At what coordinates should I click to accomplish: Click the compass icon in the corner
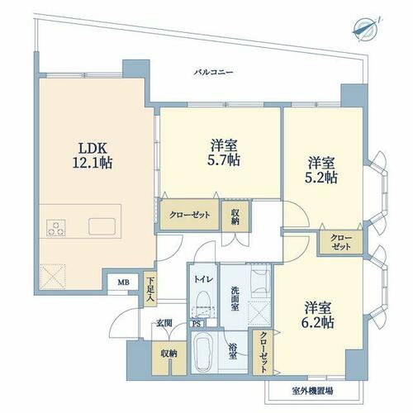tap(367, 30)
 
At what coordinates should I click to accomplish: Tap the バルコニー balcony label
tap(213, 73)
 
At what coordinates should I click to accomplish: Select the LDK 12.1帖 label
tap(93, 155)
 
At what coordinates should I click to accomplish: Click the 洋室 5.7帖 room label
tap(224, 153)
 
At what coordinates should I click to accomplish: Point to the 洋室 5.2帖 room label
tap(321, 170)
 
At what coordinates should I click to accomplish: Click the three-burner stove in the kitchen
tap(56, 228)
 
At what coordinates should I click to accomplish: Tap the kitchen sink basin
tap(102, 226)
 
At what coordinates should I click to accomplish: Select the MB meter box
tap(123, 282)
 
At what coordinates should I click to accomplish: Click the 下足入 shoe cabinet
tap(150, 289)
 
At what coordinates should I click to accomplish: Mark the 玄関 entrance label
tap(164, 323)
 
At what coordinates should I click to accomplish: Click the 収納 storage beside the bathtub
tap(169, 358)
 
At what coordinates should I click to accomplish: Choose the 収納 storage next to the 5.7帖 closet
tap(235, 216)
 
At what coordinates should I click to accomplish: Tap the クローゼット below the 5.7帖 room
tap(189, 215)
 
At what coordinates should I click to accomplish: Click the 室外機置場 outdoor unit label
tap(312, 391)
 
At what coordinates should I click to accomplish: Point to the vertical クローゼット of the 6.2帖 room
tap(263, 353)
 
